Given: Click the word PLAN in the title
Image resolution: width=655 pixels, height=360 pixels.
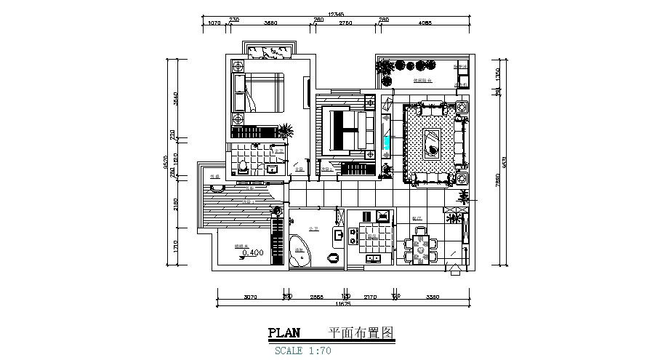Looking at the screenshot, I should (x=284, y=333).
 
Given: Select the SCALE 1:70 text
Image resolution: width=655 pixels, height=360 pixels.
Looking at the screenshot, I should (x=304, y=350).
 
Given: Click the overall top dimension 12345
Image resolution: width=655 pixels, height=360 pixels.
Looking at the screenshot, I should (x=336, y=14).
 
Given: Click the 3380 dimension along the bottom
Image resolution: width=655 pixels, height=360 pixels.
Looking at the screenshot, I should (x=433, y=297).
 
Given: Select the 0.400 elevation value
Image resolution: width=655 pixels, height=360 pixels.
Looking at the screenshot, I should (x=252, y=253).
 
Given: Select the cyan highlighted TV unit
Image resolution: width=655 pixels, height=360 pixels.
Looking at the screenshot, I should (x=385, y=137).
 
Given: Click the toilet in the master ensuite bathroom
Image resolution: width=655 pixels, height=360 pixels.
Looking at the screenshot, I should (x=241, y=169).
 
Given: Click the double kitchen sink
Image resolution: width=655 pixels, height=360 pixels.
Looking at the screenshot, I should (x=374, y=257).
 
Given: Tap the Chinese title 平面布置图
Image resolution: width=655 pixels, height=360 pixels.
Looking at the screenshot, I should (x=361, y=333).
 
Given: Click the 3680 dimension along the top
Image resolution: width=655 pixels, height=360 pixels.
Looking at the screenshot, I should (x=270, y=23).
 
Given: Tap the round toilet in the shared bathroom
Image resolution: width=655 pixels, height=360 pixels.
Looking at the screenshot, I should (x=333, y=257).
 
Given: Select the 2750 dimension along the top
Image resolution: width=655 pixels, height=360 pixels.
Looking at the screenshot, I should (x=345, y=23).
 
